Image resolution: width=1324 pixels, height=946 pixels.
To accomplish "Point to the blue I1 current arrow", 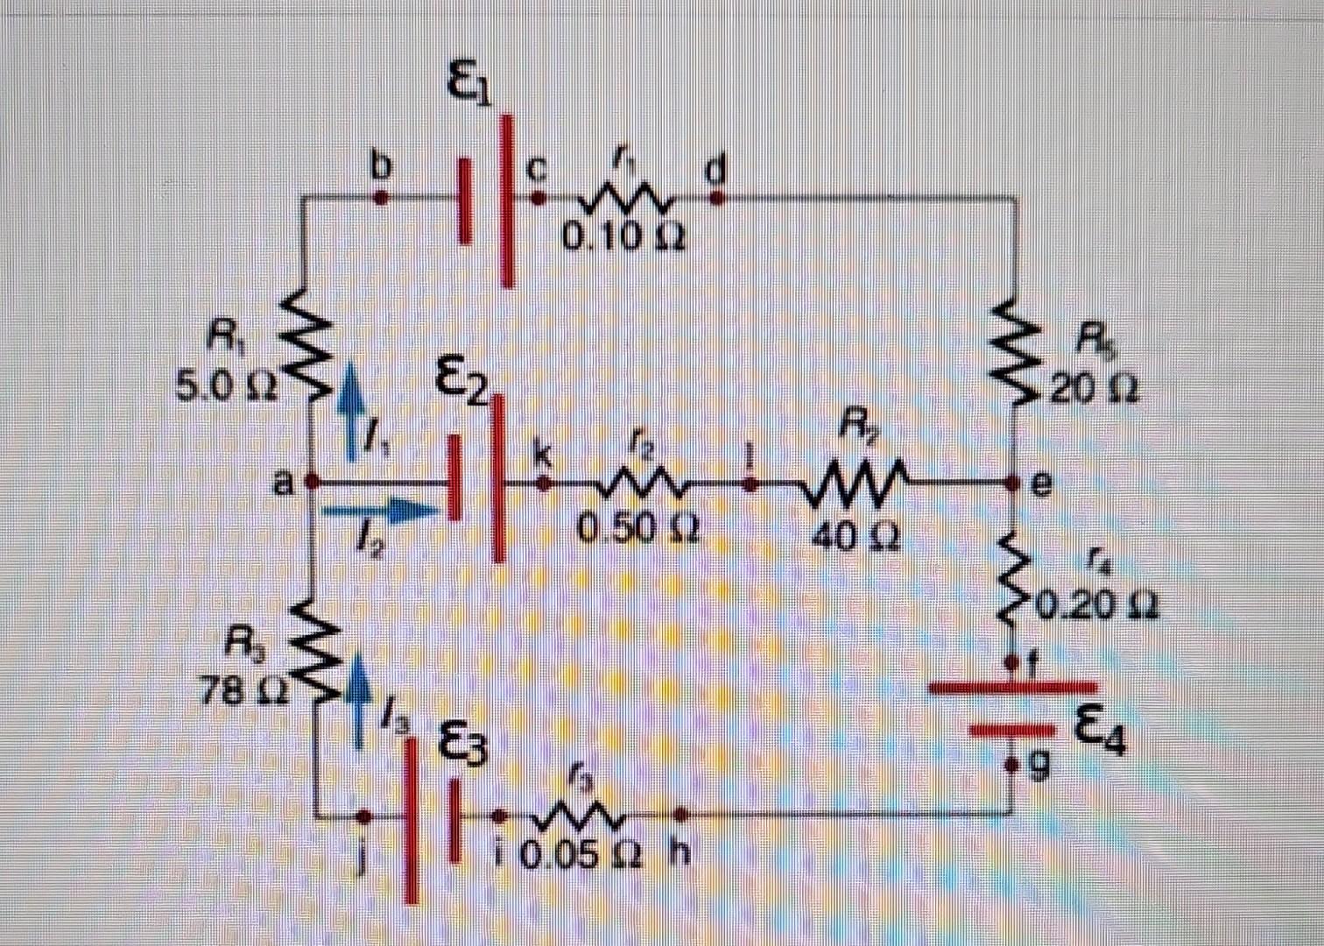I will [351, 410].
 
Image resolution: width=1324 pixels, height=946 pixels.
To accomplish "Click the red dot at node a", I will [312, 483].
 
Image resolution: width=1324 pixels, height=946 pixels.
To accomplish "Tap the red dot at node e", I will [1013, 483].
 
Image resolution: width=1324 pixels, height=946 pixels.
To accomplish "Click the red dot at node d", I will [716, 199].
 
